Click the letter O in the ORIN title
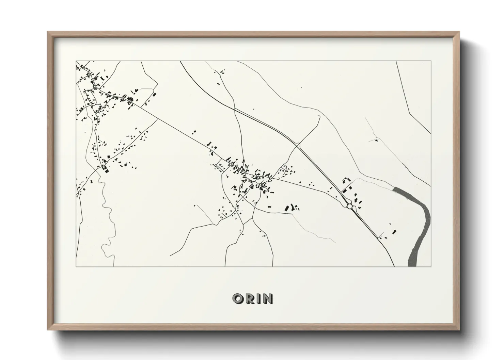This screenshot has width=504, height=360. tap(238, 299)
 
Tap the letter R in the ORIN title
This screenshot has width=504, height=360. tap(250, 299)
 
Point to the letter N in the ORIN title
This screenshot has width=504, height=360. tap(268, 299)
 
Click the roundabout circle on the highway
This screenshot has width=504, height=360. tap(349, 206)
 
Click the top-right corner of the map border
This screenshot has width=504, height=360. tap(431, 61)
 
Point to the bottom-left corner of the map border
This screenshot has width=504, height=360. tap(76, 266)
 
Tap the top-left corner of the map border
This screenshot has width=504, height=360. tap(76, 61)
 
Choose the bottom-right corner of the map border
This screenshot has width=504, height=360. tap(431, 266)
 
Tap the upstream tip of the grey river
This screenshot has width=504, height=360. tap(394, 189)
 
